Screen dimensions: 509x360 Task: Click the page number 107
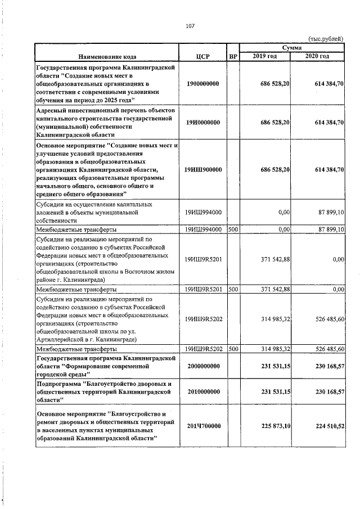click(190, 25)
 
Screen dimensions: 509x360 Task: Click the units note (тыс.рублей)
click(327, 38)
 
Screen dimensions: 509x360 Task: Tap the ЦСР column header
click(203, 56)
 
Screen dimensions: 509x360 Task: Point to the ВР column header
click(233, 56)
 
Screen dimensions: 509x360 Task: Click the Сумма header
click(292, 49)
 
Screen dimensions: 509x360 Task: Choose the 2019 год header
click(264, 56)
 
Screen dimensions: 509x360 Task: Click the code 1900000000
click(202, 83)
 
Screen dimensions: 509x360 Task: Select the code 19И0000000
click(202, 122)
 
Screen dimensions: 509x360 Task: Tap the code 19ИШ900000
click(202, 170)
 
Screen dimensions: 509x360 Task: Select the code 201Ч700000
click(202, 426)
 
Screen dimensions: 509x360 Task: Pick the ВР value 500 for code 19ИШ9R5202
click(233, 349)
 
